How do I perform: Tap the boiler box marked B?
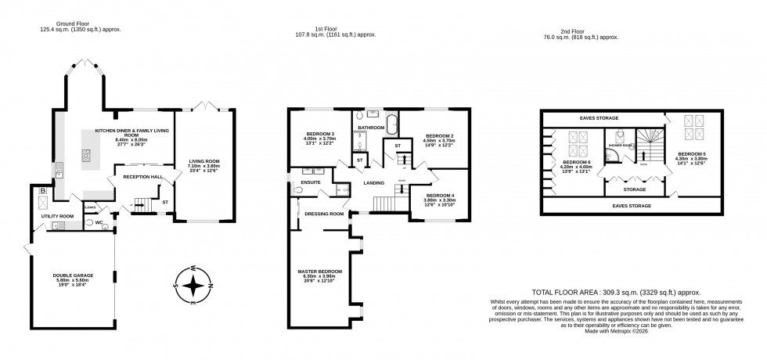tap(41, 191)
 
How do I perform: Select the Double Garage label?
tap(72, 275)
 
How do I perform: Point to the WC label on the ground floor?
tap(100, 222)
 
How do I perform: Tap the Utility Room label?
tap(57, 215)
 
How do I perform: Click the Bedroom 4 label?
tap(434, 195)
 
